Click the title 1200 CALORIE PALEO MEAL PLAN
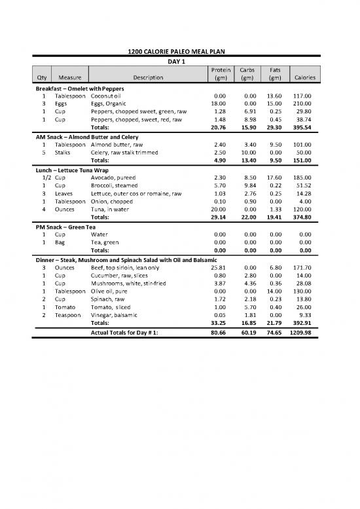pos(179,52)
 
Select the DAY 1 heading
pos(179,61)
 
